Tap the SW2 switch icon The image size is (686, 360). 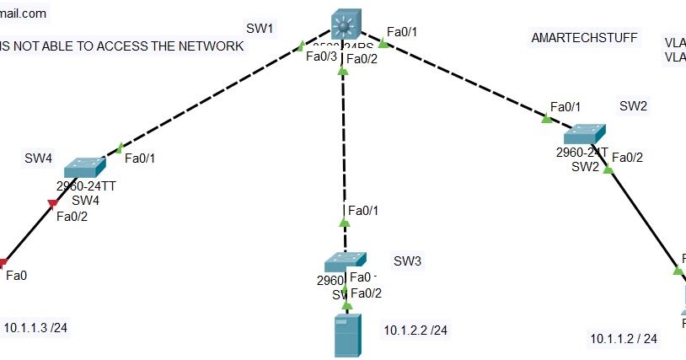(584, 134)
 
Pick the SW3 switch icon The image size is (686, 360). (345, 261)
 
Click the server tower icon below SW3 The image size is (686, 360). (347, 335)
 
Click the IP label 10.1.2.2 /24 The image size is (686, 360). (415, 330)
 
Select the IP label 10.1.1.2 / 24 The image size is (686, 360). (624, 339)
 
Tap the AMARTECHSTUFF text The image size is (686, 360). (584, 38)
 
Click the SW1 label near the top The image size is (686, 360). (260, 29)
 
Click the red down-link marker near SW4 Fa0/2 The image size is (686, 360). (52, 203)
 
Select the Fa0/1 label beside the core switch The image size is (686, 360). (402, 32)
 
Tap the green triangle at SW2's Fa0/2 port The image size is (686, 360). (608, 169)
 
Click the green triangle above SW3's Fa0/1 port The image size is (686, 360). (344, 223)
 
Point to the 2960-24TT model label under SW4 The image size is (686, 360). (84, 185)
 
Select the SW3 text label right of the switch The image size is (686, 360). (407, 261)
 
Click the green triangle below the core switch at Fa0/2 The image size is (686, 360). (342, 73)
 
